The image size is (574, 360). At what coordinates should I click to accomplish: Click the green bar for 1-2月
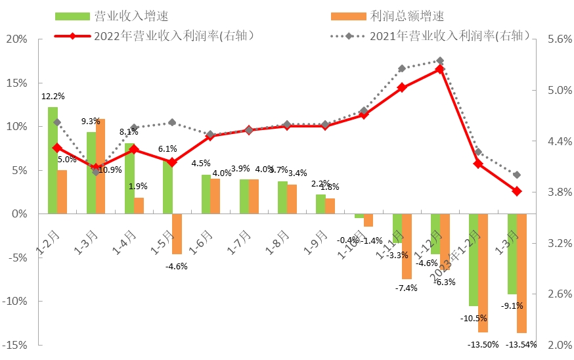pyautogui.click(x=53, y=160)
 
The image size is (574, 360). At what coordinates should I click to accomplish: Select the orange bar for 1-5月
pyautogui.click(x=177, y=234)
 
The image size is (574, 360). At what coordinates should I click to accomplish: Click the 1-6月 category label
pyautogui.click(x=202, y=242)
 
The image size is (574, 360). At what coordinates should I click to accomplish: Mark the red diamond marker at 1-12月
pyautogui.click(x=440, y=68)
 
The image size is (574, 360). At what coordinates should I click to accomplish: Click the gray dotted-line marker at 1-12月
pyautogui.click(x=440, y=60)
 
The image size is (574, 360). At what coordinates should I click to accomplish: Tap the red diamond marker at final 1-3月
pyautogui.click(x=516, y=191)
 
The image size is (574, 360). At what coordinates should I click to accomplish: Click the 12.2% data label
pyautogui.click(x=53, y=97)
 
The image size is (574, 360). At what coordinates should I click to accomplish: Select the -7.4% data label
pyautogui.click(x=405, y=288)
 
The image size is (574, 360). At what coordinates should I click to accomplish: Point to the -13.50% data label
pyautogui.click(x=483, y=344)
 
